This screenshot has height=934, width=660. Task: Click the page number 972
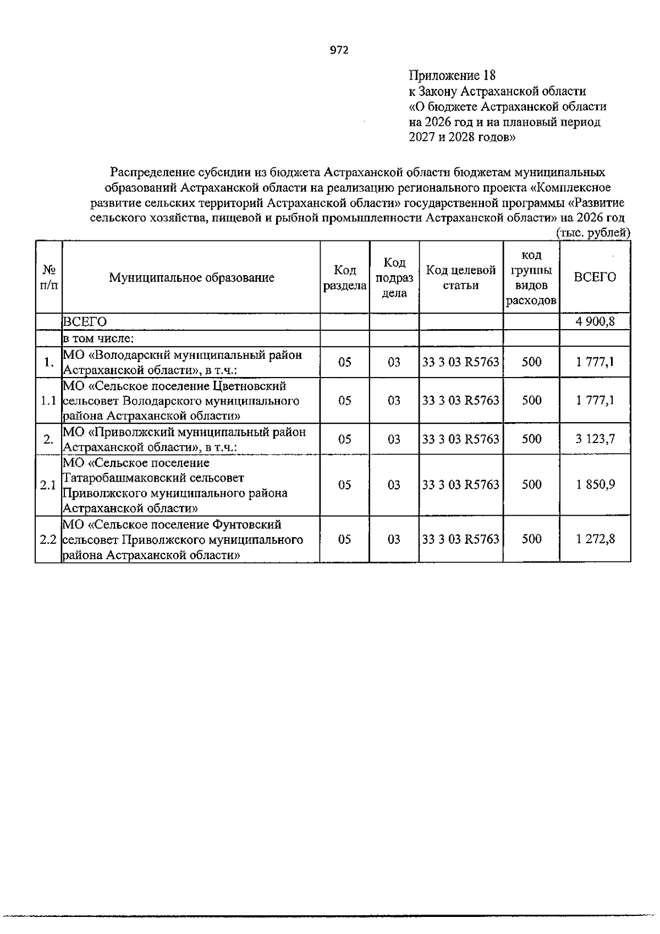(x=339, y=51)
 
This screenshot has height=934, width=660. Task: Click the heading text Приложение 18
(x=452, y=75)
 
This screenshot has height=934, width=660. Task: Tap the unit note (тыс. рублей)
(x=593, y=233)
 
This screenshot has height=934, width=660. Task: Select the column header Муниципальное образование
(x=191, y=277)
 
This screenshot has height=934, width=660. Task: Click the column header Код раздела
(x=345, y=278)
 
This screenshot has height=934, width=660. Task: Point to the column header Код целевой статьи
(x=461, y=277)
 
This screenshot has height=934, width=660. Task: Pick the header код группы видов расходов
(x=531, y=278)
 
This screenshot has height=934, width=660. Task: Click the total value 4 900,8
(x=595, y=321)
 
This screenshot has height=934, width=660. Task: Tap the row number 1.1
(x=48, y=401)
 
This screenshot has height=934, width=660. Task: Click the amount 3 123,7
(x=595, y=439)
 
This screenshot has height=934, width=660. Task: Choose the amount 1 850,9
(x=595, y=485)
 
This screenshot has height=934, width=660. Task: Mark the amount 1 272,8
(x=595, y=539)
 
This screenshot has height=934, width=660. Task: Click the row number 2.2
(x=48, y=539)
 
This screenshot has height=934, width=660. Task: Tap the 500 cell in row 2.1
(x=531, y=485)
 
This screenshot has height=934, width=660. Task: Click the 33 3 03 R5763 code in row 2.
(x=461, y=439)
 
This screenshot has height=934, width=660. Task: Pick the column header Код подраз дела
(x=394, y=278)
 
